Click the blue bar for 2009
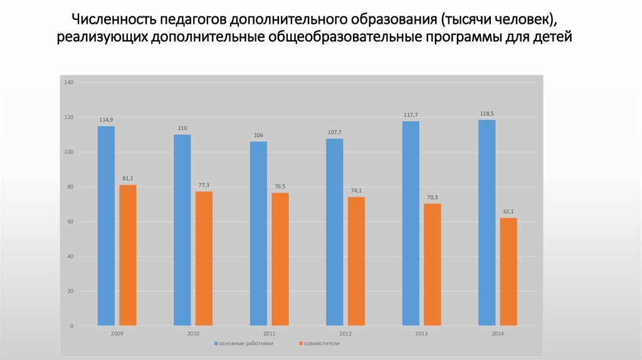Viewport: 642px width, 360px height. tap(106, 226)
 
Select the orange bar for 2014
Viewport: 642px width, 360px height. tap(508, 272)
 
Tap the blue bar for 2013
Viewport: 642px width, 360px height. tap(411, 223)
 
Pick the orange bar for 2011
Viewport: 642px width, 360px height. tap(280, 259)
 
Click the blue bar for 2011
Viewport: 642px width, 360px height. tap(258, 233)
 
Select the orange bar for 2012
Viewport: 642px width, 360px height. tap(356, 262)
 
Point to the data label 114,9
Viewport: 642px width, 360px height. tap(106, 120)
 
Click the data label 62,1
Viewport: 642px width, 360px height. tap(508, 211)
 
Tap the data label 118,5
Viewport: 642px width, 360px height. tap(487, 114)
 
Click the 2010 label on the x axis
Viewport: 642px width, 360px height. tap(193, 334)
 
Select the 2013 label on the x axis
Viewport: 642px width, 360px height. tap(421, 334)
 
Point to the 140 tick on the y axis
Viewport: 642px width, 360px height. tap(69, 83)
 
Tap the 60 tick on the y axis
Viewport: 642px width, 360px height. tap(70, 222)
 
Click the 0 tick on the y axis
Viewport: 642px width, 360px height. tap(72, 326)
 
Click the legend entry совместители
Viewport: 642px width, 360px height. tap(322, 344)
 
